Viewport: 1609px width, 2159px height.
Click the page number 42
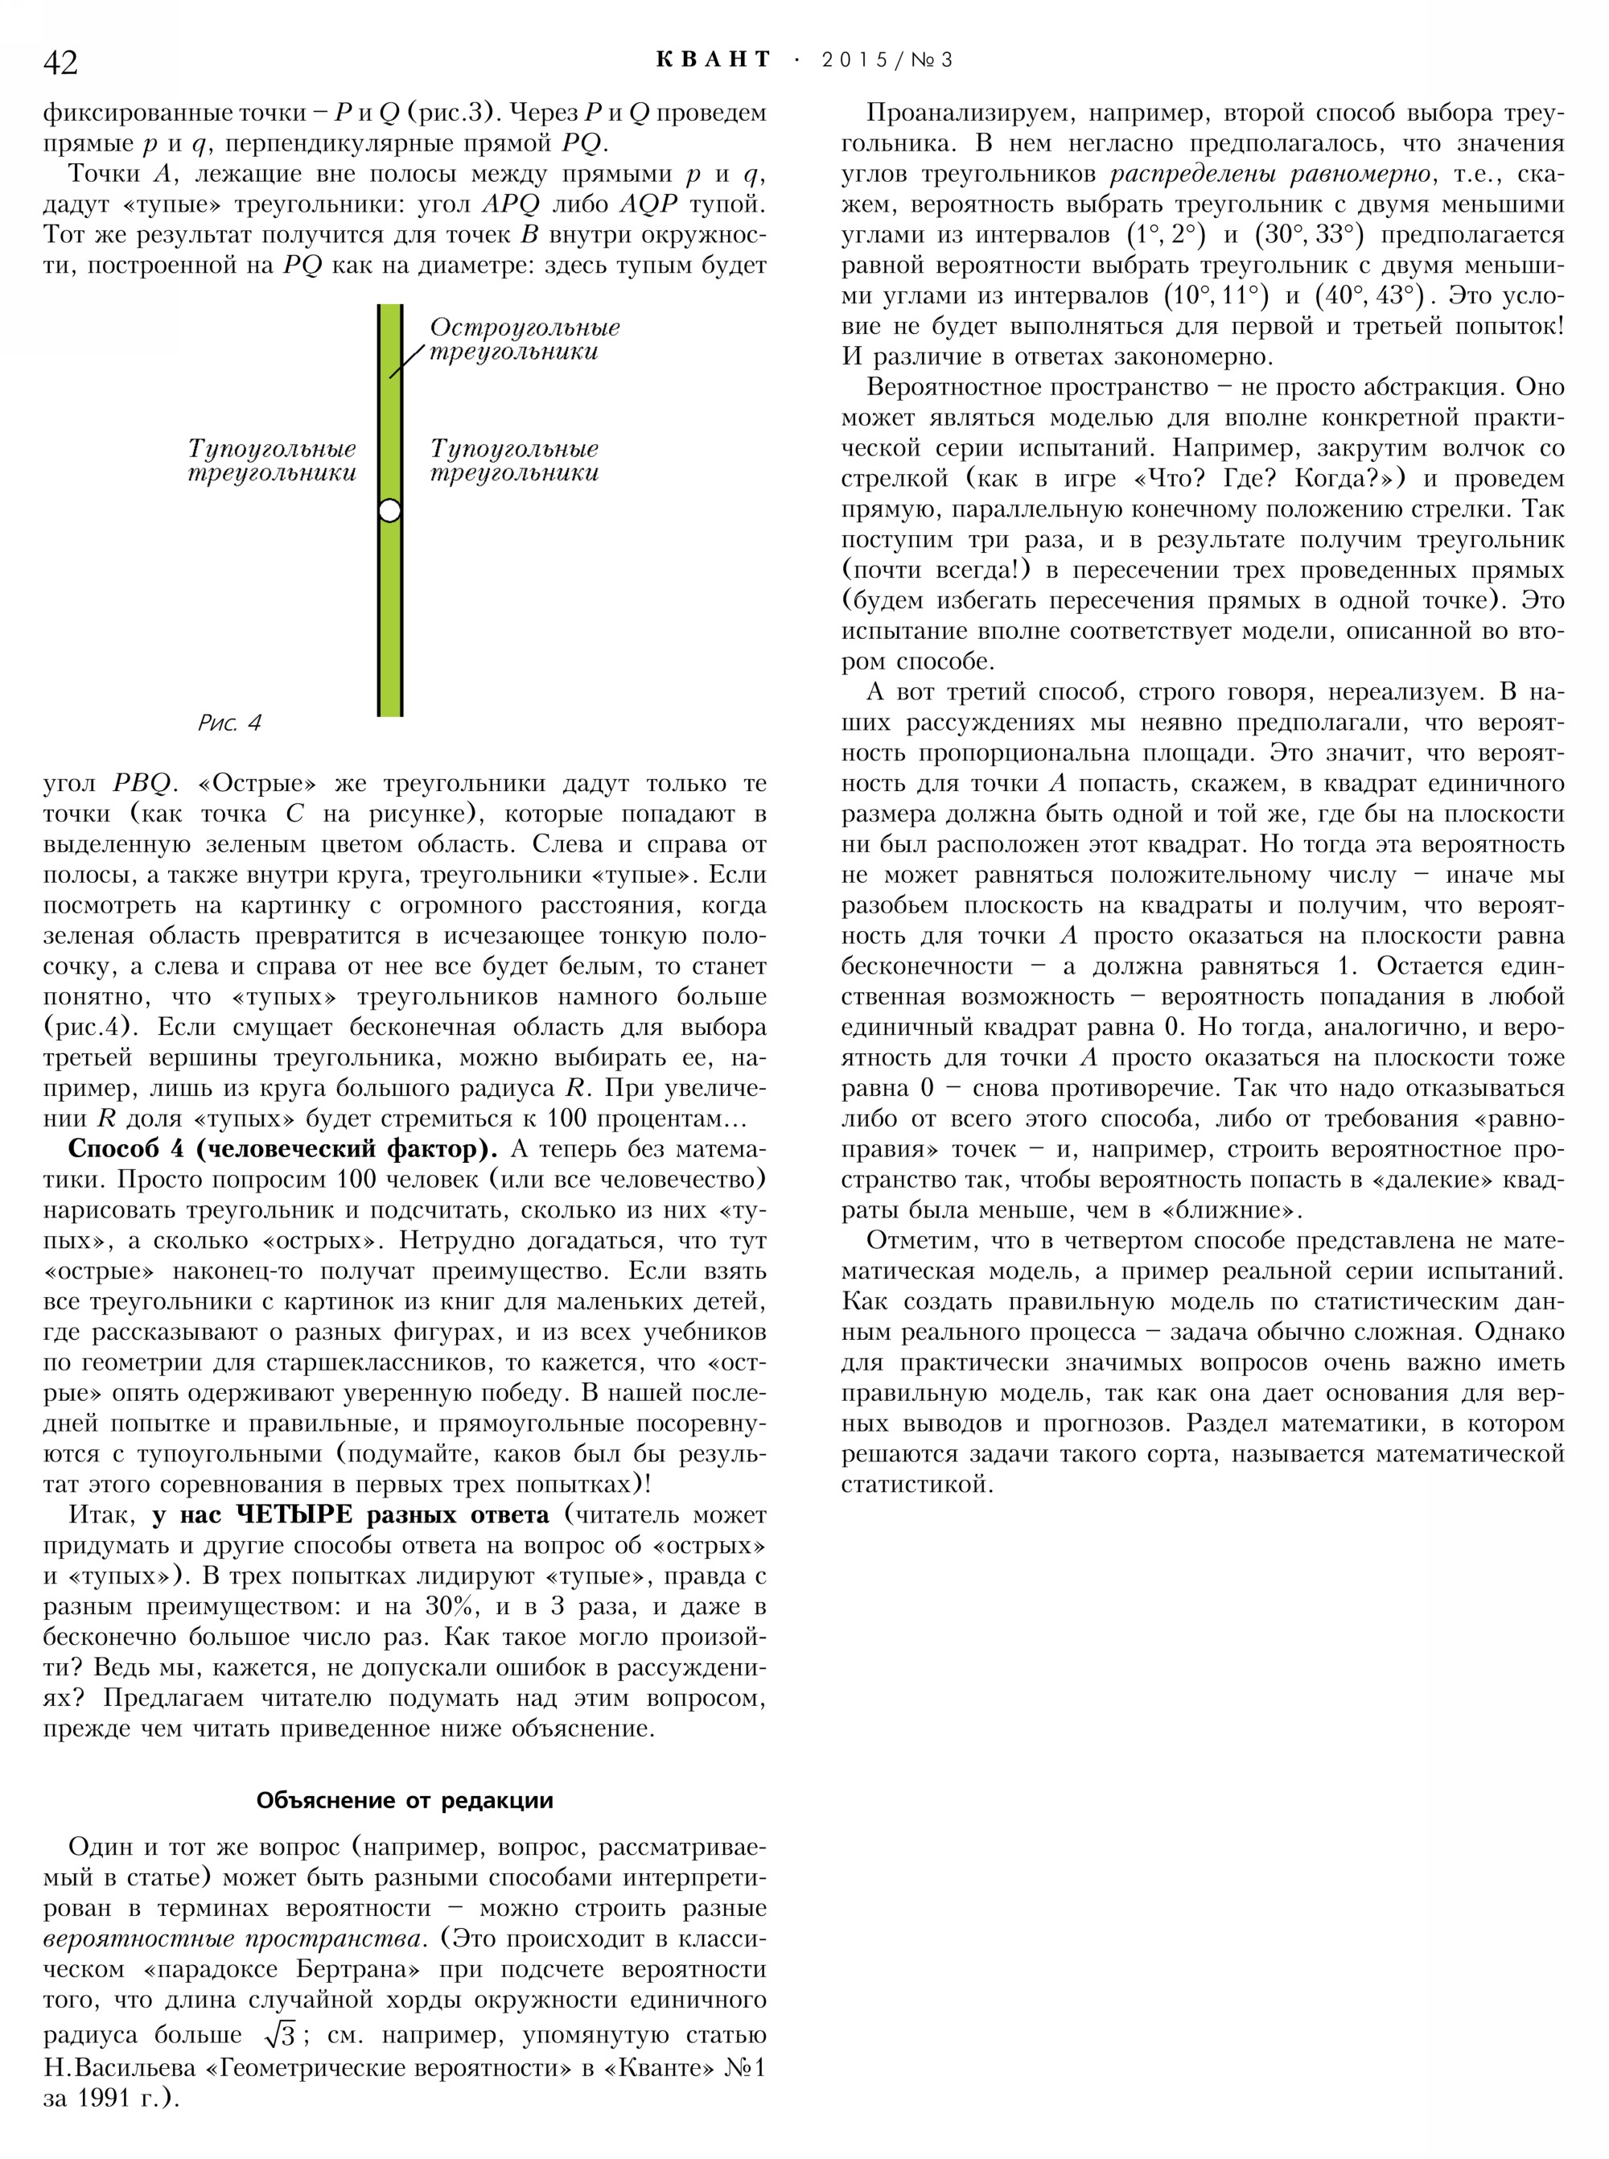point(60,62)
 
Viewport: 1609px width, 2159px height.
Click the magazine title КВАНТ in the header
point(713,60)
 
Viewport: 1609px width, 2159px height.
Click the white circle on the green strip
point(389,509)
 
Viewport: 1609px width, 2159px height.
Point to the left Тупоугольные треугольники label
point(272,461)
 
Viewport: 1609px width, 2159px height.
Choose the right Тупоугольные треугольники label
point(514,461)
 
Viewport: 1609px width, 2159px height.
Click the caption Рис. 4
point(230,723)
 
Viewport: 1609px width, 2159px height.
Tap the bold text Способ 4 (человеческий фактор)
point(277,1150)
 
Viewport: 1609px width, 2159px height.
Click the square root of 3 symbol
point(278,2035)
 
